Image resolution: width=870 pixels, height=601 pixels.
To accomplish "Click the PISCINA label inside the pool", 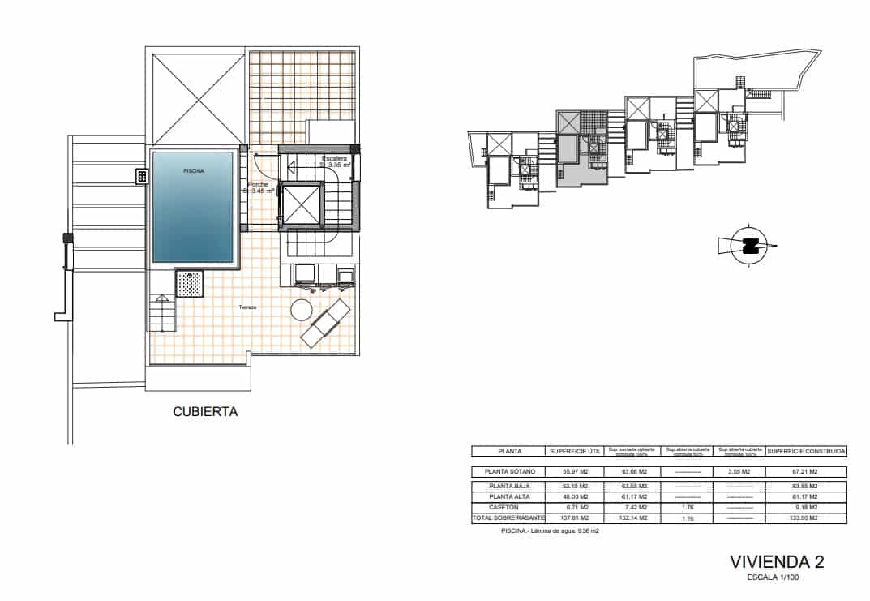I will tap(193, 171).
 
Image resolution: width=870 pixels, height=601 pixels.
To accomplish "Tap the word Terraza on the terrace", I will tap(248, 307).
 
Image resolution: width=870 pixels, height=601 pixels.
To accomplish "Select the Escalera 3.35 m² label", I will tap(336, 161).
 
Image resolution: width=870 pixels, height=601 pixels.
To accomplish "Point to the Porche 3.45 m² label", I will tap(259, 187).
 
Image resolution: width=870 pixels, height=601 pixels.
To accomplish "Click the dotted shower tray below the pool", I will tap(190, 284).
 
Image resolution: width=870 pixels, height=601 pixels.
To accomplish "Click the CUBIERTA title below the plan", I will tap(205, 412).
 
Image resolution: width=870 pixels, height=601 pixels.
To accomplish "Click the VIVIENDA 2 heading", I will tap(776, 561).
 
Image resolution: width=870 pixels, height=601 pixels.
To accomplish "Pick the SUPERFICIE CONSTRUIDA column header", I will tap(806, 451).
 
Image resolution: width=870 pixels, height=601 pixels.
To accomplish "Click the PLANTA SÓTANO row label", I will tap(509, 471).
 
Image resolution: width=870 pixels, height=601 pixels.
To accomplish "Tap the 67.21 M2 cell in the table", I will tap(806, 471).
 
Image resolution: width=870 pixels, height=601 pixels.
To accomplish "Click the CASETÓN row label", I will tap(509, 507).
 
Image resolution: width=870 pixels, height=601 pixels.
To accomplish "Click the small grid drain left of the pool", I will tap(141, 176).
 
